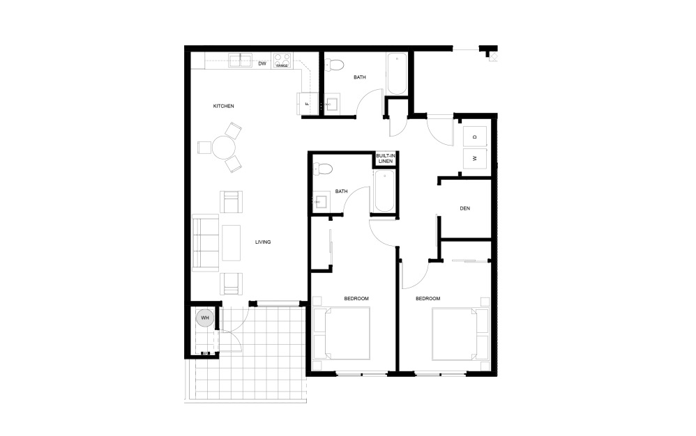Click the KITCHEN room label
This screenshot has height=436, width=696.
(223, 106)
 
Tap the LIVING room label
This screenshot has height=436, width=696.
(262, 242)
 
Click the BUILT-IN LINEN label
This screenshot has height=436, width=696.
(385, 158)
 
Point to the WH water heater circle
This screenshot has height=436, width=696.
(205, 318)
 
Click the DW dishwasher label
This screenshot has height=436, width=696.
(262, 64)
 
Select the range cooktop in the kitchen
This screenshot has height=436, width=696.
(282, 61)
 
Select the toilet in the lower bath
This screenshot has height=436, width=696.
(322, 169)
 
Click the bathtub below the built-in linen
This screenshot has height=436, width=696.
(384, 192)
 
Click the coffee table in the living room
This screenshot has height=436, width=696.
(231, 242)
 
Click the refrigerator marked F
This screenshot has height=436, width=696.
(307, 104)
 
